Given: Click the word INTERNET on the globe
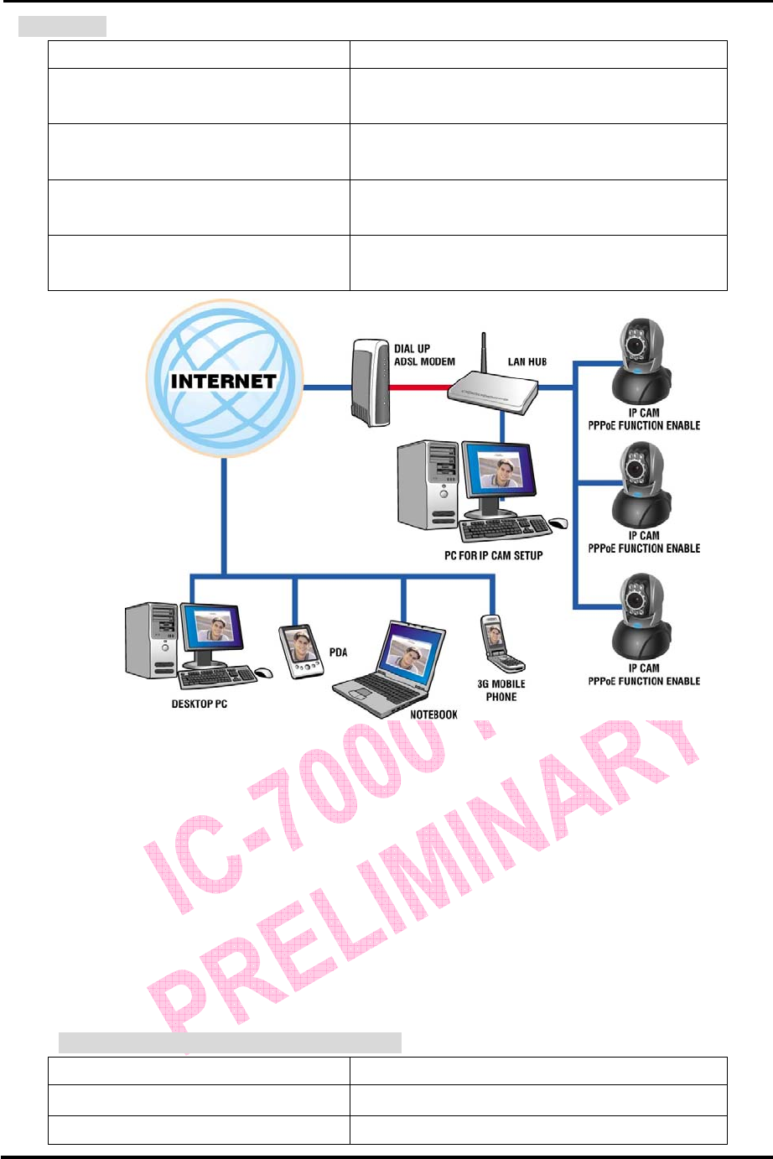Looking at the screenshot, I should pos(223,381).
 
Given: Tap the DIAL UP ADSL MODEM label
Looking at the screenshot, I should pos(424,355).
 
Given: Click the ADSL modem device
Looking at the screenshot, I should pos(370,382).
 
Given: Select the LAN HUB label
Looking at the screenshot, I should pos(527,361).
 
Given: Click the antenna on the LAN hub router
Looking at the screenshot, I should pos(483,356).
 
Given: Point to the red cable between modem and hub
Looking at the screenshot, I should pos(419,387).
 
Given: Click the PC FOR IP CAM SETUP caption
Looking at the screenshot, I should pos(493,555).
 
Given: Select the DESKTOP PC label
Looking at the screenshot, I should pos(199,704).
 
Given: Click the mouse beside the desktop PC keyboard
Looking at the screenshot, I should pos(264,673).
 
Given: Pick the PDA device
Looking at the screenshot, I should pos(300,651).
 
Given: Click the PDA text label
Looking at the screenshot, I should pos(338,652).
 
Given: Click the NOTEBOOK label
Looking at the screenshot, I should pos(433,715).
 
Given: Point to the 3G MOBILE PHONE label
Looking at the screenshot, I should pos(501,690).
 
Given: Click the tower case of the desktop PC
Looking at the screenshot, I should pos(151,639).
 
